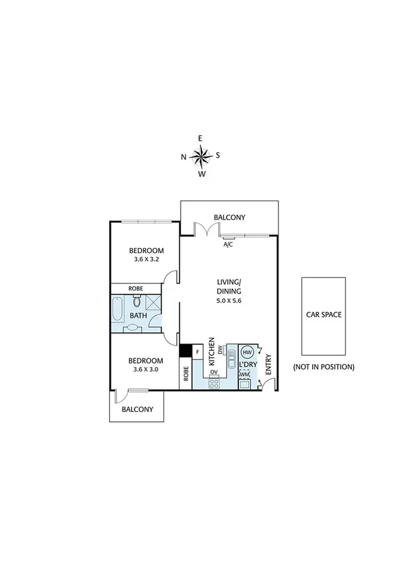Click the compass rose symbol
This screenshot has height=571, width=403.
[200, 156]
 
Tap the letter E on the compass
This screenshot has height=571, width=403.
[200, 138]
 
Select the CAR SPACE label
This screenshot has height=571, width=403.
[323, 314]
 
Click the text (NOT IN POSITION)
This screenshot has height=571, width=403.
[323, 367]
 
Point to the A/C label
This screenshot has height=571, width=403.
[228, 245]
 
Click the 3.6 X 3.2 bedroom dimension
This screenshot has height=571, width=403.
[147, 259]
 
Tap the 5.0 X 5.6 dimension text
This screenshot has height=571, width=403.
[228, 300]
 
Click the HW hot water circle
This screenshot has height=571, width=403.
[246, 352]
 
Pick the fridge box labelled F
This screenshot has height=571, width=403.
[198, 351]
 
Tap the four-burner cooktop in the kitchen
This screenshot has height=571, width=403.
[215, 383]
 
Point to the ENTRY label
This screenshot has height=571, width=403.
[268, 364]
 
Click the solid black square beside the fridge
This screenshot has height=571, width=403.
[185, 351]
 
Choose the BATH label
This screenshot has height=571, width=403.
[139, 315]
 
